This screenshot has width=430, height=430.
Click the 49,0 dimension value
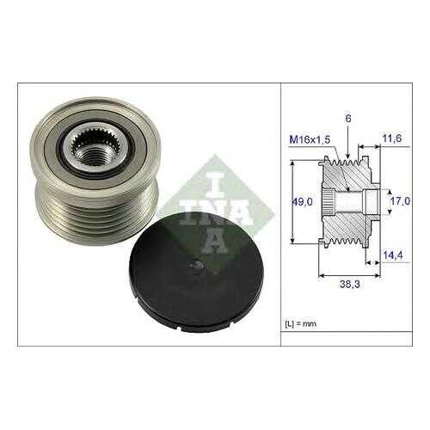pyautogui.click(x=302, y=202)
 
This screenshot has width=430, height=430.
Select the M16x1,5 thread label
pyautogui.click(x=310, y=139)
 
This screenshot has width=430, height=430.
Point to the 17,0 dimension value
pyautogui.click(x=401, y=201)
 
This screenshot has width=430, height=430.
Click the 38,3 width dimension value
pyautogui.click(x=350, y=284)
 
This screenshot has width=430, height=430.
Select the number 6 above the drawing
pyautogui.click(x=348, y=119)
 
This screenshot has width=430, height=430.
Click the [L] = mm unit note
pyautogui.click(x=301, y=324)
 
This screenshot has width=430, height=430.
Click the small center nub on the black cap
pyautogui.click(x=197, y=264)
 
